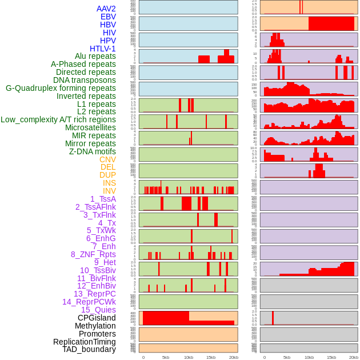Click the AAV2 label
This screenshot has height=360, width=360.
106,9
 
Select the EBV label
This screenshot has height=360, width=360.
108,17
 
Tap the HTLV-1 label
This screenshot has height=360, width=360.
103,49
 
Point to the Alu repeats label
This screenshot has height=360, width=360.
95,56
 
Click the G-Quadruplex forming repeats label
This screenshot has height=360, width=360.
61,88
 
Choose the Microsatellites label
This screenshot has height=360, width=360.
90,127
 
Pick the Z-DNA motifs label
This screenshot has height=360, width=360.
92,151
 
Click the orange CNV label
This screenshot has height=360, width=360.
107,159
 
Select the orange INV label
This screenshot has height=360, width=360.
109,191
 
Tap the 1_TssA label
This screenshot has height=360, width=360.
103,199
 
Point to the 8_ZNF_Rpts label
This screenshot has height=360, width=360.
93,254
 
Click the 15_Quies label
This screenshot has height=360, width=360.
98,310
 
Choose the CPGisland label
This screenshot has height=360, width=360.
97,318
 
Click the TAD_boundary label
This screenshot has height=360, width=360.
89,349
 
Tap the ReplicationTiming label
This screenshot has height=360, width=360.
84,342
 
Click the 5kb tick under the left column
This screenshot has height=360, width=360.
166,357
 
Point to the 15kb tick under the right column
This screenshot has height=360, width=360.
331,357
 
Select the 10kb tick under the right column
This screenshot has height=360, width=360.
309,357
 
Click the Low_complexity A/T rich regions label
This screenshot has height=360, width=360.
58,119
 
